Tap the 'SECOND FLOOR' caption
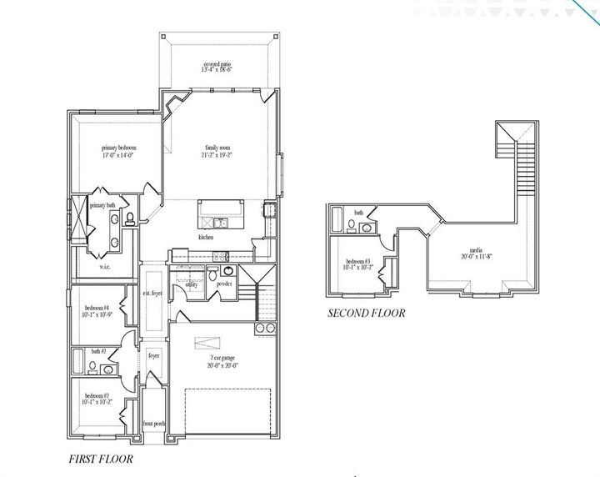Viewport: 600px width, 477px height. [366, 314]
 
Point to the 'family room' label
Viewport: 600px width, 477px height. [217, 148]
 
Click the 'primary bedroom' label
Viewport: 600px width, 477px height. [119, 148]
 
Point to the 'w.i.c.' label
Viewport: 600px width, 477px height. [105, 266]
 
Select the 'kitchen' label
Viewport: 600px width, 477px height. [205, 238]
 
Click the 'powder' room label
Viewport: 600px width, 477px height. [224, 284]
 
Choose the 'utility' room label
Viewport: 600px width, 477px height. [191, 284]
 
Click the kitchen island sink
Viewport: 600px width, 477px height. [218, 223]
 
